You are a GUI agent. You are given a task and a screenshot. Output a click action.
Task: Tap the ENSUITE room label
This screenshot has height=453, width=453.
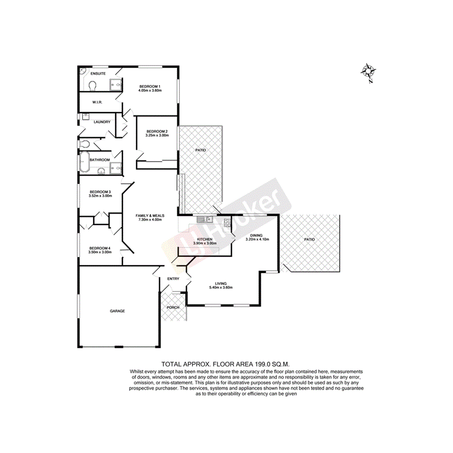tap(98, 73)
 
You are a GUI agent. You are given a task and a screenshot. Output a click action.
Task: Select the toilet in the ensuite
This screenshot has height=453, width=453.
tap(92, 86)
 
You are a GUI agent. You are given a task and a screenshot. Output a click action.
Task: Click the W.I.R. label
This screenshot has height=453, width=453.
tap(97, 102)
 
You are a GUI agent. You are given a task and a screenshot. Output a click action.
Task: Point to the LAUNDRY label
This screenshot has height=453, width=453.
tap(102, 122)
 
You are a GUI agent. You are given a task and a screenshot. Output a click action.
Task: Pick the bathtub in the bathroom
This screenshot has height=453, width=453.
tap(85, 162)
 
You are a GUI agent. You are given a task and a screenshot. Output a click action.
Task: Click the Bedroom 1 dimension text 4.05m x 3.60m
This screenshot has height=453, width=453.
tap(150, 90)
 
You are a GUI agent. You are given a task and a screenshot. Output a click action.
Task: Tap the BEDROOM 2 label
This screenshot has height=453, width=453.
tap(157, 131)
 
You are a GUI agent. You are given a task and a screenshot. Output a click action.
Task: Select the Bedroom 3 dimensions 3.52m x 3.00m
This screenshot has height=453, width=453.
tap(100, 196)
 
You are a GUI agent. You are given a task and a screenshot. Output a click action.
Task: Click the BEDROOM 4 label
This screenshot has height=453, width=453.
tap(100, 248)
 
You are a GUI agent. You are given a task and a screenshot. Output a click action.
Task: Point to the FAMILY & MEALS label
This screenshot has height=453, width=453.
tap(150, 215)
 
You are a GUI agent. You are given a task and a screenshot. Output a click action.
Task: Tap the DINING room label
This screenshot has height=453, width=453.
tap(257, 235)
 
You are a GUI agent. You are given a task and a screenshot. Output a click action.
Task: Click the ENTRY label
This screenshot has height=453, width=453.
tap(173, 279)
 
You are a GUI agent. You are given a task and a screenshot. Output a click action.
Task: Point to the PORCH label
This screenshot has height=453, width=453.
tap(173, 307)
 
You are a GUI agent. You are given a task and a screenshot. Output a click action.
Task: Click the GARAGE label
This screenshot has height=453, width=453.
tap(117, 311)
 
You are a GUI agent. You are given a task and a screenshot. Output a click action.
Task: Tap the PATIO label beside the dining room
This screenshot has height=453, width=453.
tap(310, 239)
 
